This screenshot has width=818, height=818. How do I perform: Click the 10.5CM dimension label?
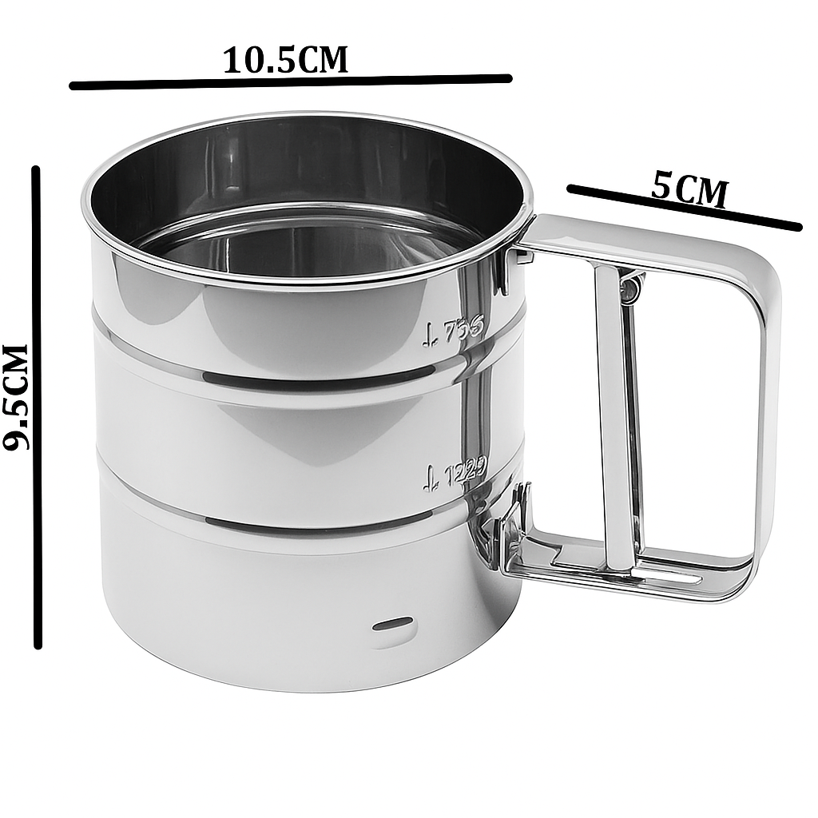tap(285, 60)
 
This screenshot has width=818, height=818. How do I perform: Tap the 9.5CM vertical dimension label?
tap(16, 397)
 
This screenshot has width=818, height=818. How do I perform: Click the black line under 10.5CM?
tap(290, 81)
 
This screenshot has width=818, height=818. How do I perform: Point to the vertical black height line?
tap(37, 407)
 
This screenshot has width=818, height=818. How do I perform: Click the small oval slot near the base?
tap(393, 623)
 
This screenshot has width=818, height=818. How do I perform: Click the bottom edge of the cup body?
tap(304, 687)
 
